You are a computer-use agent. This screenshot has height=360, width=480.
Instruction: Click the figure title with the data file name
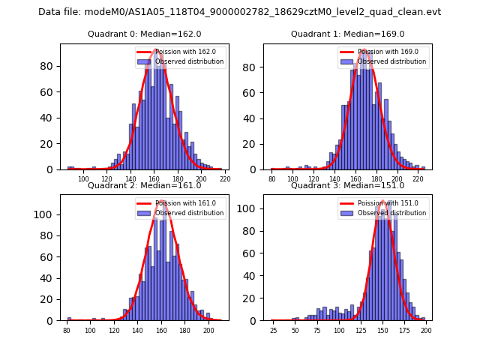(x=239, y=12)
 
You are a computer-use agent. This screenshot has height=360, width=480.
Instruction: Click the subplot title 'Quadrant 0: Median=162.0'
(x=145, y=34)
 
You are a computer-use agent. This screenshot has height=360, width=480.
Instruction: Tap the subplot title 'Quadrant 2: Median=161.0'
(x=145, y=185)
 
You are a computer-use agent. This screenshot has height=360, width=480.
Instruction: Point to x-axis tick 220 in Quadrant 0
(x=225, y=179)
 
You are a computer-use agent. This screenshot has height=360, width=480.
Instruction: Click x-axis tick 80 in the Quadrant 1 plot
(x=272, y=179)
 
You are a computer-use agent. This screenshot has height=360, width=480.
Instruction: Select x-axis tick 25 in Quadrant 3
(x=273, y=330)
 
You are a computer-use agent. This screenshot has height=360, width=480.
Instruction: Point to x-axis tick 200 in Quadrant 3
(x=426, y=330)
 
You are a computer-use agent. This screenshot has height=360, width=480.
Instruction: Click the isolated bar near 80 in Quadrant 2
(x=69, y=319)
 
